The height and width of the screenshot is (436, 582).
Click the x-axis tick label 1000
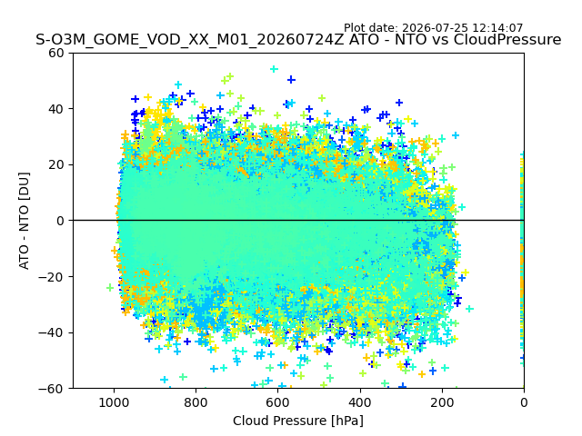(x=114, y=402)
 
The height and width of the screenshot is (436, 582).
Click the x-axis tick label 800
(x=196, y=402)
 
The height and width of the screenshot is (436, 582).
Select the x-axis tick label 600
(x=278, y=402)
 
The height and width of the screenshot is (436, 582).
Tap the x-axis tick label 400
(x=360, y=402)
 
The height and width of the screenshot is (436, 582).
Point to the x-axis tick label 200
(x=442, y=402)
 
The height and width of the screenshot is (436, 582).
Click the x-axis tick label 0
(x=524, y=402)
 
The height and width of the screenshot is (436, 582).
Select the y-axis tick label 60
(x=56, y=53)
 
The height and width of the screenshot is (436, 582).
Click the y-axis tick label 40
(x=56, y=109)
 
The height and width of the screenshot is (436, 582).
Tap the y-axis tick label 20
(x=56, y=165)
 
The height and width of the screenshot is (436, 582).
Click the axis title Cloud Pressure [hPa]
(x=298, y=421)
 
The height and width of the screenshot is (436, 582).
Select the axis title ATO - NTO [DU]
(x=24, y=221)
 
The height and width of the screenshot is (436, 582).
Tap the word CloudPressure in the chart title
(x=507, y=39)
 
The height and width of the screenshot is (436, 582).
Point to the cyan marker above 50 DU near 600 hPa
(x=274, y=69)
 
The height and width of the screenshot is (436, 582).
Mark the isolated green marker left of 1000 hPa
(x=110, y=287)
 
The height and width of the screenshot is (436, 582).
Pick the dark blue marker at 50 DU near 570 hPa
(x=291, y=79)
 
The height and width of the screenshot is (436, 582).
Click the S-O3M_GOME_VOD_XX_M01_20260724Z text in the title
(x=190, y=39)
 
